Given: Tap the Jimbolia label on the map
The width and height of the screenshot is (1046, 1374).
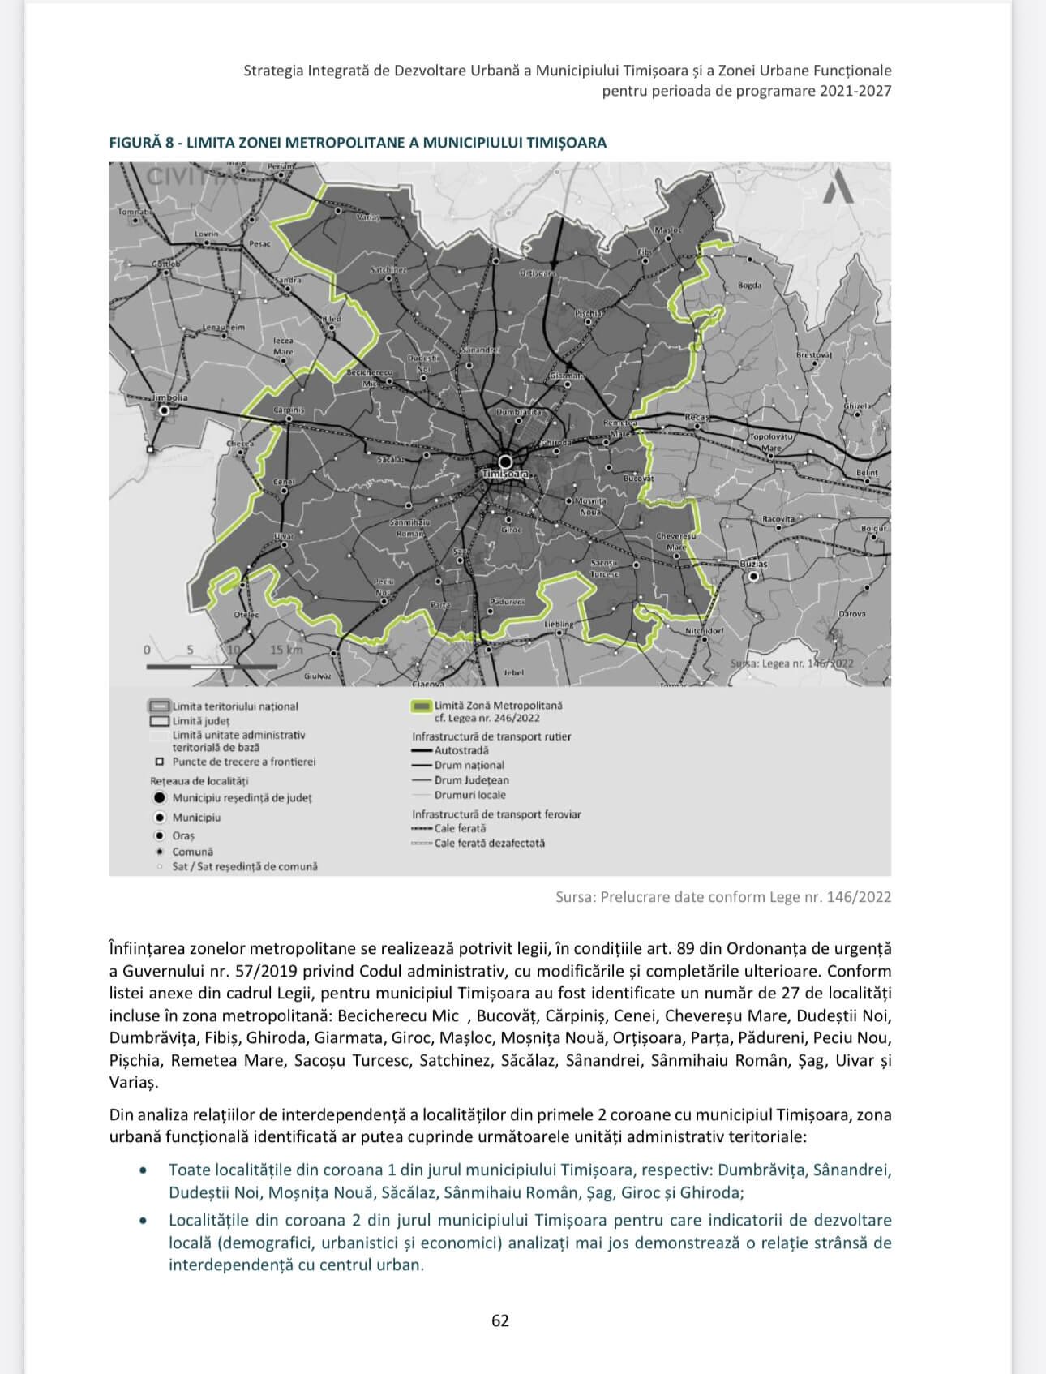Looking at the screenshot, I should tap(169, 398).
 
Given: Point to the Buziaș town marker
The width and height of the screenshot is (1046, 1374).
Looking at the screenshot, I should tap(754, 576).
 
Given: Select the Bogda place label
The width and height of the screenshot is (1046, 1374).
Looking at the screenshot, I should tap(749, 286).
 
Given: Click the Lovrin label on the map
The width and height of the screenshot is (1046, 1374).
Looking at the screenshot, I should tap(206, 234).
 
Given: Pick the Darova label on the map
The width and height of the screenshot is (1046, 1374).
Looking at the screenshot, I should tap(852, 613).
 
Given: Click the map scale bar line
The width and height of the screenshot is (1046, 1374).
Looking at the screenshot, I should tap(212, 666).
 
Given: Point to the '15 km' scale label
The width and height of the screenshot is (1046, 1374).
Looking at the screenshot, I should tap(286, 650).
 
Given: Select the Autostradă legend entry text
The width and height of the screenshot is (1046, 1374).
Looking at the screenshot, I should tap(461, 750).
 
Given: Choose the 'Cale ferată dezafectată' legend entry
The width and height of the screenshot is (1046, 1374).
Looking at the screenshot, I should tap(490, 843).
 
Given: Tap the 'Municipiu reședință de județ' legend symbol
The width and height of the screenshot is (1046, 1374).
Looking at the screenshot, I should tap(160, 797).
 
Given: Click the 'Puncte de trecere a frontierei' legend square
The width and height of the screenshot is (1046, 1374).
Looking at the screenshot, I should tap(160, 762).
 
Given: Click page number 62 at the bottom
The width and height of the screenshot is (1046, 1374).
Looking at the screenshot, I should tap(500, 1320).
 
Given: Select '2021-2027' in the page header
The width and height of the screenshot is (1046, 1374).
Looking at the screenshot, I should tap(855, 91).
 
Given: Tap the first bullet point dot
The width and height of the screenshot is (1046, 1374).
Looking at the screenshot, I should tap(144, 1170).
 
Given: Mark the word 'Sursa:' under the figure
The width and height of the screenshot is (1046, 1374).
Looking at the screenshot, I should tap(576, 896).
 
